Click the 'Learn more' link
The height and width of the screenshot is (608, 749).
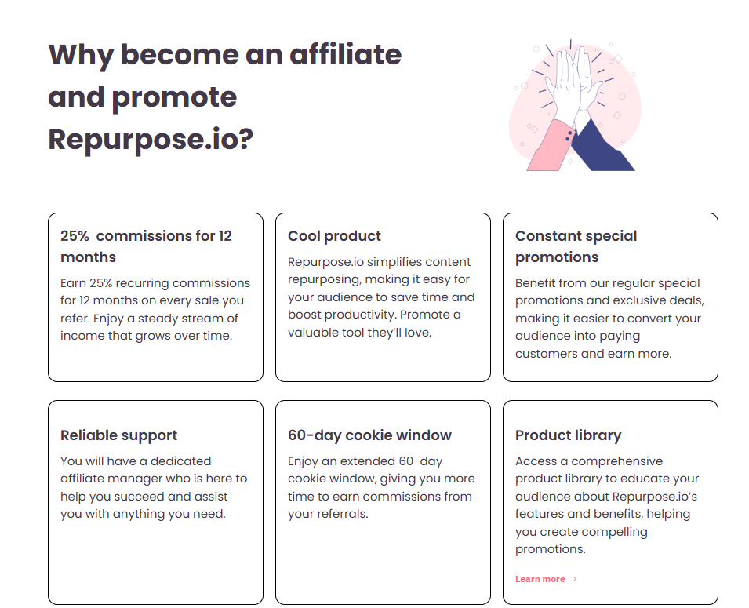coord(540,579)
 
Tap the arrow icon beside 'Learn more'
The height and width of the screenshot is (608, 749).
coord(575,579)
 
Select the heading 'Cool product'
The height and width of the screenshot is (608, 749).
coord(334,236)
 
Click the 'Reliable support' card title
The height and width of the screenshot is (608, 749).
coord(118,435)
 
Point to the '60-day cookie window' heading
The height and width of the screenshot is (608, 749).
coord(369,435)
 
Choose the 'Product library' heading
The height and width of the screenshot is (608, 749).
coord(568,435)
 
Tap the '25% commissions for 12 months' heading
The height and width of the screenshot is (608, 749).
coord(146,246)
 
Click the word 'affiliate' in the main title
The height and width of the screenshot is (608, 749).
coord(346,55)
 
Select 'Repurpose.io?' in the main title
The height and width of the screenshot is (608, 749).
coord(151,140)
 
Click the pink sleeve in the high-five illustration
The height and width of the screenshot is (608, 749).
coord(549,146)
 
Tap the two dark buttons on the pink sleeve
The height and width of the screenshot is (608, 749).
coord(568,136)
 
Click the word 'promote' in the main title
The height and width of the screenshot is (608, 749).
coord(174,97)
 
